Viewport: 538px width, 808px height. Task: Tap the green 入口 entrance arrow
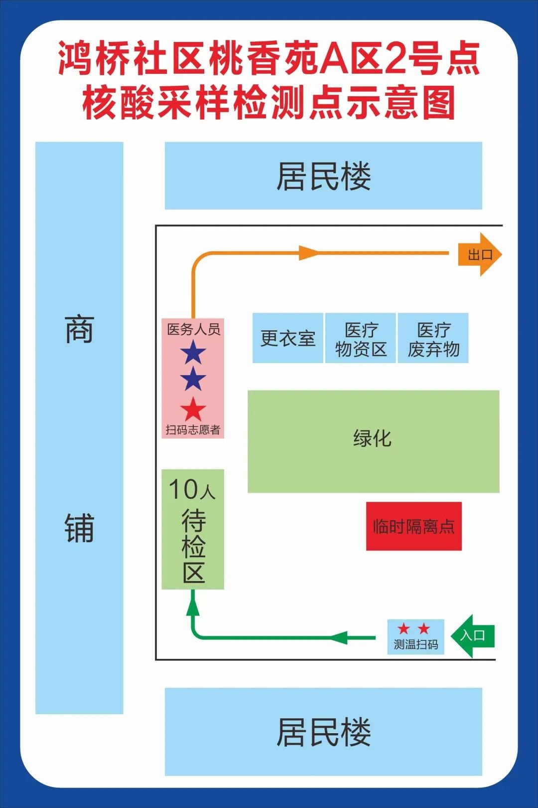pos(472,635)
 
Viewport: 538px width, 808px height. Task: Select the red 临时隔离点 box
pos(413,526)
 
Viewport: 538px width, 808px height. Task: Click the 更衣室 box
pos(288,338)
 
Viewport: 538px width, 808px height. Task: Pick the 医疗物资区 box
pos(361,338)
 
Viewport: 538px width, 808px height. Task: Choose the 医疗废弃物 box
pos(433,338)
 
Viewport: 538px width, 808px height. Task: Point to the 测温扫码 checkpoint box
pos(415,636)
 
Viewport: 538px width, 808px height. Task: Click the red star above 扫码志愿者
pos(193,409)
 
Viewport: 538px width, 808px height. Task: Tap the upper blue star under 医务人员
pos(193,353)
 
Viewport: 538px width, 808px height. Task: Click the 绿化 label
pos(373,438)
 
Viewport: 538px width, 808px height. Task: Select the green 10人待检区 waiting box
pos(193,529)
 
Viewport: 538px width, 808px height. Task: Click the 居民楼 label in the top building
pos(324,176)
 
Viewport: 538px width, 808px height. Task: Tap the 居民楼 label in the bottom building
pos(324,732)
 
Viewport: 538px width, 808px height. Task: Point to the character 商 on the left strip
pos(79,329)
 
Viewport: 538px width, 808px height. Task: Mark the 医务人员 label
pos(193,329)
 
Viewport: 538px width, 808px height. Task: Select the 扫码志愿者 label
pos(193,429)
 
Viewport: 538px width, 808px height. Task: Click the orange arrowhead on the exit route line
pos(308,253)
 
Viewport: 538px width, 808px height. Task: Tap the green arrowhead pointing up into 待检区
pos(193,606)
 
